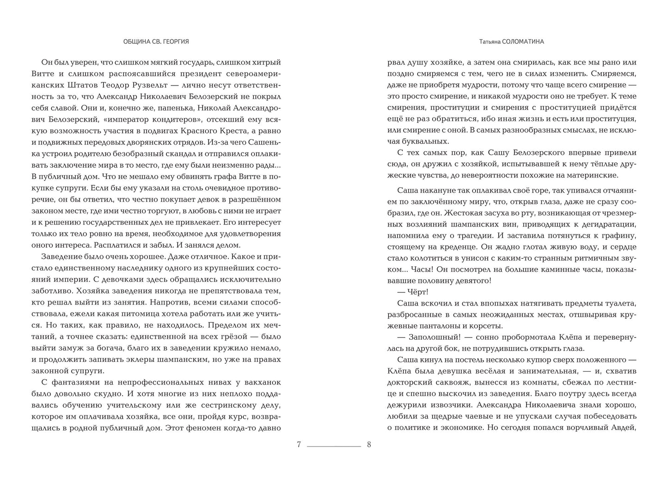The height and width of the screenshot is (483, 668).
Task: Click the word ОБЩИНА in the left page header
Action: click(136, 42)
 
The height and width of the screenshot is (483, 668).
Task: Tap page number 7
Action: click(299, 445)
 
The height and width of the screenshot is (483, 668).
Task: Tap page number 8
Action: click(369, 445)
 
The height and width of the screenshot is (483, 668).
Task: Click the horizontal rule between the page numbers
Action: click(334, 446)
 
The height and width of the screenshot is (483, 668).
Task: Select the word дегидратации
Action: click(606, 224)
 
